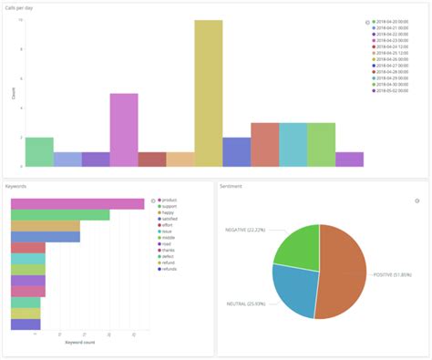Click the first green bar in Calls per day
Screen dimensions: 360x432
[39, 151]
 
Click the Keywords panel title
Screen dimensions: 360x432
[16, 186]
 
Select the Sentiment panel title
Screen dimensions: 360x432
[231, 186]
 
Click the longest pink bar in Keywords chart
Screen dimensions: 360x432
[77, 204]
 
